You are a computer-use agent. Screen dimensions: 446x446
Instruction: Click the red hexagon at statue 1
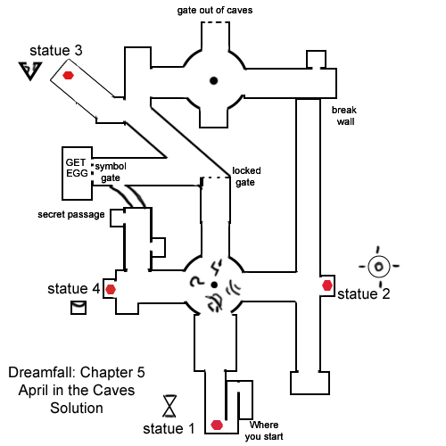pos(217,425)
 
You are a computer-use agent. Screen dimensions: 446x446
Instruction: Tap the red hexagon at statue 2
pos(327,285)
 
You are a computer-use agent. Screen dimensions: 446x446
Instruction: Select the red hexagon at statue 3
pos(68,75)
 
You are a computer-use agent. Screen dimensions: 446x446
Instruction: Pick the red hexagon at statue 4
pos(111,289)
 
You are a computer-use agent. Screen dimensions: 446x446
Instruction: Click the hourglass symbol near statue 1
pos(169,406)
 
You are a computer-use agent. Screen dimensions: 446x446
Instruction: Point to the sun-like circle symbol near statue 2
pos(378,266)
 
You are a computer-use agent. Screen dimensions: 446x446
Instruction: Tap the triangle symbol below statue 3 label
pos(30,71)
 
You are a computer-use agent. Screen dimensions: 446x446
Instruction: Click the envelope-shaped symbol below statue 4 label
pos(78,308)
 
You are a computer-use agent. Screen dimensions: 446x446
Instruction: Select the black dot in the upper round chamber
pos(213,80)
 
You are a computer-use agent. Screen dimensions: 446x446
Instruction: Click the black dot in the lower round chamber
pos(214,285)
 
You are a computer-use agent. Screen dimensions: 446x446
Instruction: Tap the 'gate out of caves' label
pos(215,11)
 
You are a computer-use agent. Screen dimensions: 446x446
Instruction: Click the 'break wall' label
pos(344,116)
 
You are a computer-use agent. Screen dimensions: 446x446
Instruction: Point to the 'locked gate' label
pos(246,177)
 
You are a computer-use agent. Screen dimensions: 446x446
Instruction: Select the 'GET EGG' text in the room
pos(77,168)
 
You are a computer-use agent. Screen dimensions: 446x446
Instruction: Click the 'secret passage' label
pos(71,215)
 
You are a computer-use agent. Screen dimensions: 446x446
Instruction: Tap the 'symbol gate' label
pos(111,172)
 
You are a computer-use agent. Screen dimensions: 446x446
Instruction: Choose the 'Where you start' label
pos(264,431)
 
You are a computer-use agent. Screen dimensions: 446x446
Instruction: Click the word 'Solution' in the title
pos(77,408)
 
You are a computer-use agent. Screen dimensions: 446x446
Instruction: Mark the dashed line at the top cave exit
pos(215,22)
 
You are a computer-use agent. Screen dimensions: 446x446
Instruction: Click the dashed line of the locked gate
pos(216,178)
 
